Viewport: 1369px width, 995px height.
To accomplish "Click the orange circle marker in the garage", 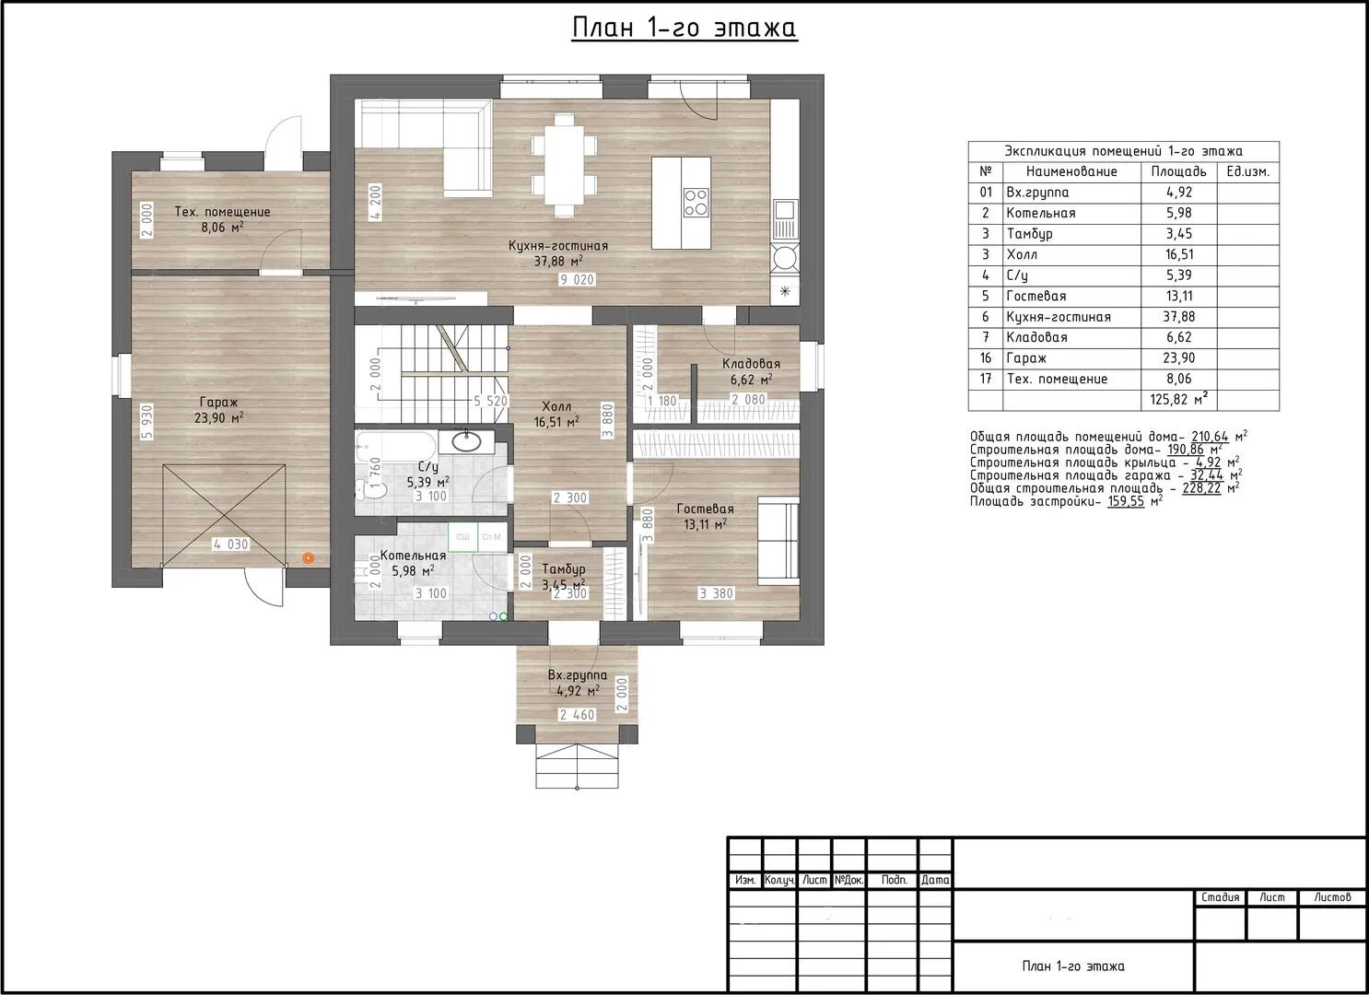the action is click(x=309, y=558).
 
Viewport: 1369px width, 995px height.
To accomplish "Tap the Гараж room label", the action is click(x=218, y=403).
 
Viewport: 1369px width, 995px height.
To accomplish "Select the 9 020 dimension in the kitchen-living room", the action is click(x=577, y=280).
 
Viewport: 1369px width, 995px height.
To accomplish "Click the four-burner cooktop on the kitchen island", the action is click(x=696, y=203).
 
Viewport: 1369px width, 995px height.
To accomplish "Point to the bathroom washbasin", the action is click(x=467, y=441).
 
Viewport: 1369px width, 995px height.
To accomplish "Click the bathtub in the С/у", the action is click(x=396, y=448).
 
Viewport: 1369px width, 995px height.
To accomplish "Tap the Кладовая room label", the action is click(x=751, y=364).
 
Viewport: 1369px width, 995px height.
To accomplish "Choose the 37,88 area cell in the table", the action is click(x=1178, y=317).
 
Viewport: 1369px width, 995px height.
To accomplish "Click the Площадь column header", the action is click(x=1178, y=171).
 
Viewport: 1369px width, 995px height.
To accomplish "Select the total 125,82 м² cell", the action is click(x=1178, y=400).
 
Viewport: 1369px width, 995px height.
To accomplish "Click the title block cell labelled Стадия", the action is click(x=1220, y=898).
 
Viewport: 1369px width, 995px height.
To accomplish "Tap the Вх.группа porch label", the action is click(x=577, y=675).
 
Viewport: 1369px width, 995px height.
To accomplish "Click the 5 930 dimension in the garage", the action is click(x=146, y=422).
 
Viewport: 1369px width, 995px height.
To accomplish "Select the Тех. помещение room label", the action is click(x=222, y=212).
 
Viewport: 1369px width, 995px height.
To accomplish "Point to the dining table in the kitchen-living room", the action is click(x=564, y=165).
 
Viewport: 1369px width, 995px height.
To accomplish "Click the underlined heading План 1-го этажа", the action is click(x=684, y=29).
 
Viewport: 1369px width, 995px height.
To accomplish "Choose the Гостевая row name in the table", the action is click(x=1036, y=297).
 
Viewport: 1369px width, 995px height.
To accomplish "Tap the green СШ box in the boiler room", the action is click(x=462, y=536).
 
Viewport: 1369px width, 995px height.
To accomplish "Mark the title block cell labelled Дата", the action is click(x=935, y=880).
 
